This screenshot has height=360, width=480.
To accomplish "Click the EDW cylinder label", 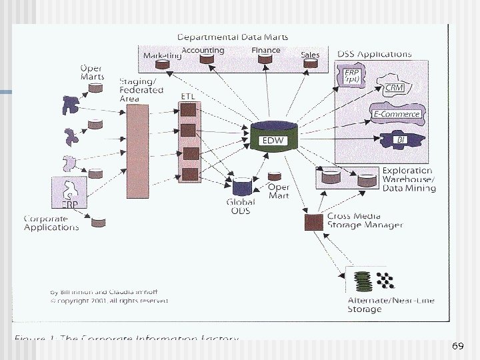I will [x=271, y=141].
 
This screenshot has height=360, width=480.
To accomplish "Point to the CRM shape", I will [x=394, y=87].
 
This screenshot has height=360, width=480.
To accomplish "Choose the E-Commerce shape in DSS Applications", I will [x=396, y=114].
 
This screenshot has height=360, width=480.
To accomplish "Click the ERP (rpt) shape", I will [x=352, y=75].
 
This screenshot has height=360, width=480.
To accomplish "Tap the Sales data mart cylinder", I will [x=309, y=64].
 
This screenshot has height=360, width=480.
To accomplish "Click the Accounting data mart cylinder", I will [x=207, y=59].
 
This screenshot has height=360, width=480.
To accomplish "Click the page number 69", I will [x=457, y=346].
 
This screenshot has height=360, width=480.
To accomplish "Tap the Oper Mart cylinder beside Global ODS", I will [x=273, y=177].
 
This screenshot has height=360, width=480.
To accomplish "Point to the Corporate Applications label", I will [x=51, y=223].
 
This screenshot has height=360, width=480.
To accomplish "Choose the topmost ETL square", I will [x=189, y=109].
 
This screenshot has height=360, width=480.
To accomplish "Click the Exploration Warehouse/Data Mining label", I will [x=409, y=179].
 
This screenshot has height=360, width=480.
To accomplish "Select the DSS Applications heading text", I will [x=374, y=54].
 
